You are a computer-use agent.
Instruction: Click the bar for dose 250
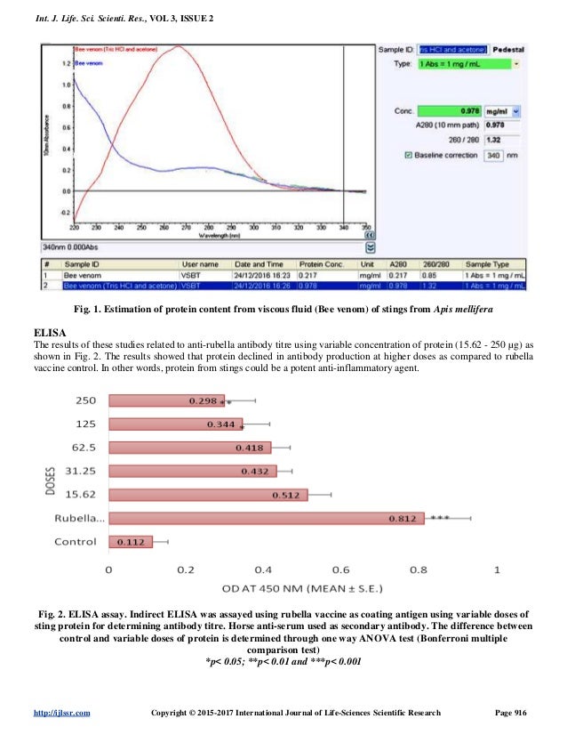tap(166, 400)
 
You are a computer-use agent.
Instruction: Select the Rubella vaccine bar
tap(266, 517)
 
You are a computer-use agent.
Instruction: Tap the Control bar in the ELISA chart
tap(131, 540)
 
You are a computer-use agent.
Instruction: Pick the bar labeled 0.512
tap(208, 494)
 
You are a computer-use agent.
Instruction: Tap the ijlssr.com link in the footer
tap(60, 715)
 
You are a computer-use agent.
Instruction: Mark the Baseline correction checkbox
tap(409, 156)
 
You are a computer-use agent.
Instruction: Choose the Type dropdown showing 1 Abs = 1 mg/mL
tap(468, 65)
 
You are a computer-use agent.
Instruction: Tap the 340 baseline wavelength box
tap(493, 156)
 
